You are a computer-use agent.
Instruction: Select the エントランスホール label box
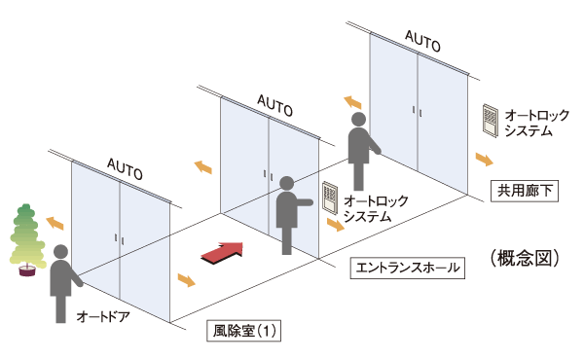click(401, 265)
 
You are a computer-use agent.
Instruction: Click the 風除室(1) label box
click(245, 331)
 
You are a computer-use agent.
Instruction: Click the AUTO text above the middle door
click(275, 103)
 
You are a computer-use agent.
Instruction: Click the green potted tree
click(28, 236)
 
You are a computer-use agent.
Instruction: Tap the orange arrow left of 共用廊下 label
click(483, 159)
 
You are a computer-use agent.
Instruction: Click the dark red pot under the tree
click(28, 270)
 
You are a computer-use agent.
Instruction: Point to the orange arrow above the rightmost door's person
click(351, 101)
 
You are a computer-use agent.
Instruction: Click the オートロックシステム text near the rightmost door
click(529, 122)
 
